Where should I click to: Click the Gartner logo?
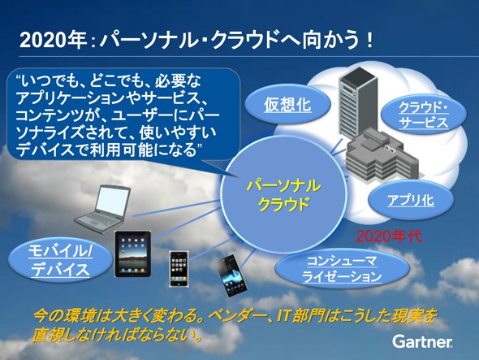422,341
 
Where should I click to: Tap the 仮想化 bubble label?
287,105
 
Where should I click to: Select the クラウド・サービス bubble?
424,115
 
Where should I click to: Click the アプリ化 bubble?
411,201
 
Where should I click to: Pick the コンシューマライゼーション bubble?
342,269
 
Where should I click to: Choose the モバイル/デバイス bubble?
61,260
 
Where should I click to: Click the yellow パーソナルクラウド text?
283,195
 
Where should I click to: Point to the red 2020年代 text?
389,236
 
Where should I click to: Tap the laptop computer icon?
102,209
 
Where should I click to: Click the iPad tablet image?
133,254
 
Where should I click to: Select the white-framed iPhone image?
179,269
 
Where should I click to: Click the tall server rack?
357,102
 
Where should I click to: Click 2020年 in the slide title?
53,41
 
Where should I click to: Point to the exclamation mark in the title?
370,41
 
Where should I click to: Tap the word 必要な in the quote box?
178,81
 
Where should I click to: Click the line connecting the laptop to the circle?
176,208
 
